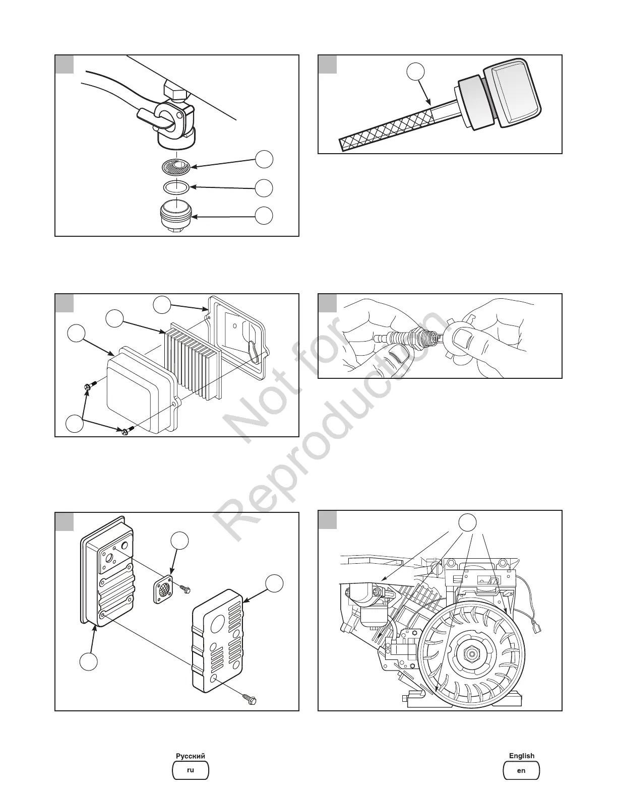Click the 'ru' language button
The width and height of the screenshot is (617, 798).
(190, 770)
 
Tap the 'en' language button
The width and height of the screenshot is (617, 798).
(521, 770)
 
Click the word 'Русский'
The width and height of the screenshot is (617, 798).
(190, 756)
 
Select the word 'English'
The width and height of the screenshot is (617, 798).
(521, 756)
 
